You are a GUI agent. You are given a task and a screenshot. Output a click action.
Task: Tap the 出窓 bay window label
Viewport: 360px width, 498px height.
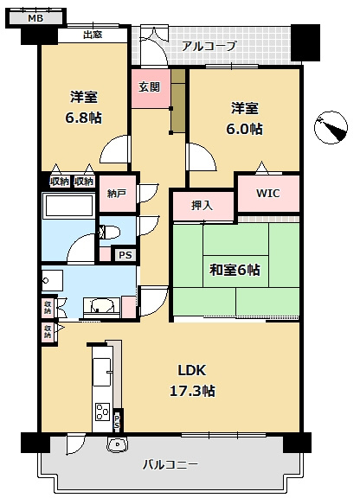(x=93, y=35)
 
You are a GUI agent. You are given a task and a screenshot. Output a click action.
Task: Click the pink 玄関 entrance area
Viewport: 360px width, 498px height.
(x=150, y=87)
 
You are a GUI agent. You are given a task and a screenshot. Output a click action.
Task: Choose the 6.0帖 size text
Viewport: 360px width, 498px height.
(x=245, y=128)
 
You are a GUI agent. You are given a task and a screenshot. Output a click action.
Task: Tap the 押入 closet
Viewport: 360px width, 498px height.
(x=202, y=207)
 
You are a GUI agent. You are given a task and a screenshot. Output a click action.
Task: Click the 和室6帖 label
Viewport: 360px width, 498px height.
(x=234, y=269)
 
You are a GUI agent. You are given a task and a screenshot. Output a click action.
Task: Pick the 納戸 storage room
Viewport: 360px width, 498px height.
(x=116, y=194)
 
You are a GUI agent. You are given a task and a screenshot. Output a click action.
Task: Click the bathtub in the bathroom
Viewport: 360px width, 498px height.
(x=68, y=208)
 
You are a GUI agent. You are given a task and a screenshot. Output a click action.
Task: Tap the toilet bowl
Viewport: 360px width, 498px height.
(x=107, y=232)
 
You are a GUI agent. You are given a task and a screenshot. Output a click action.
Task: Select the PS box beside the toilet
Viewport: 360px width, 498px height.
(x=125, y=255)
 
